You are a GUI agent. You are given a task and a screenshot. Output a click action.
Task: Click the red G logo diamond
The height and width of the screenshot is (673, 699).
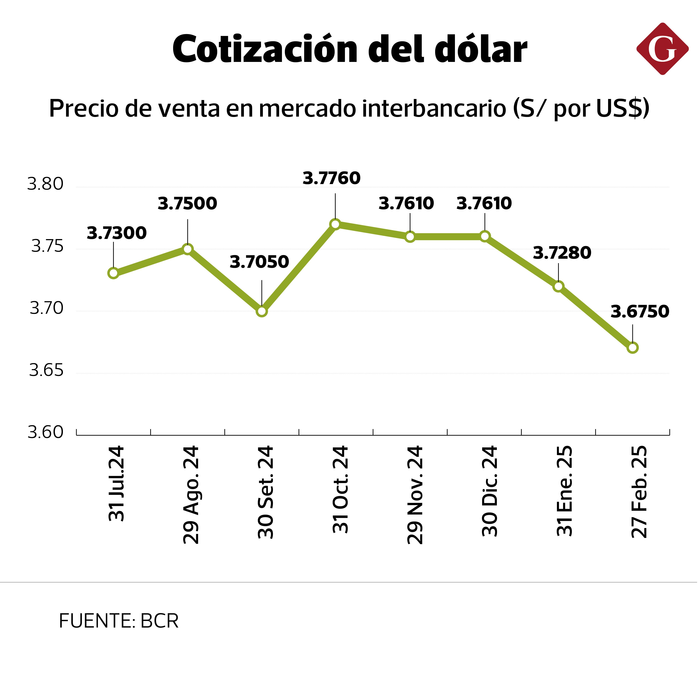(x=662, y=49)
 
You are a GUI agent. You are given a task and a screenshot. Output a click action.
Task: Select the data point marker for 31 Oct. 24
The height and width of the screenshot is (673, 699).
(x=335, y=224)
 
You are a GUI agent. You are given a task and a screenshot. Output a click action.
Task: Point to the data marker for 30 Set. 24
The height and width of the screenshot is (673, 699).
(x=262, y=311)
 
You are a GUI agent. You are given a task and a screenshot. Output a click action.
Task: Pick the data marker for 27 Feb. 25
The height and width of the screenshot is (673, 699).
(x=633, y=348)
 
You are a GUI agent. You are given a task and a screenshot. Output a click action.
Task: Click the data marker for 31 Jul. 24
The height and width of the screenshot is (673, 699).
(x=113, y=273)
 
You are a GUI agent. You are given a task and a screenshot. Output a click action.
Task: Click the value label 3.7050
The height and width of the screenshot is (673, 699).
(x=259, y=262)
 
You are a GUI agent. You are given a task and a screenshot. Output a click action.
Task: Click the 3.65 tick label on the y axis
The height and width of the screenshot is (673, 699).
(x=46, y=370)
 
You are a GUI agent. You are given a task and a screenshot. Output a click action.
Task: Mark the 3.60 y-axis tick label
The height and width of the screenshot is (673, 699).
(x=45, y=432)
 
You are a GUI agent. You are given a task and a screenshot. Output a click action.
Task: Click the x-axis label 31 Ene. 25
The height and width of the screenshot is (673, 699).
(x=564, y=491)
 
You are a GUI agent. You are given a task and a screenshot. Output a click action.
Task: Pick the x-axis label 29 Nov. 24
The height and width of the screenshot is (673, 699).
(x=415, y=495)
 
